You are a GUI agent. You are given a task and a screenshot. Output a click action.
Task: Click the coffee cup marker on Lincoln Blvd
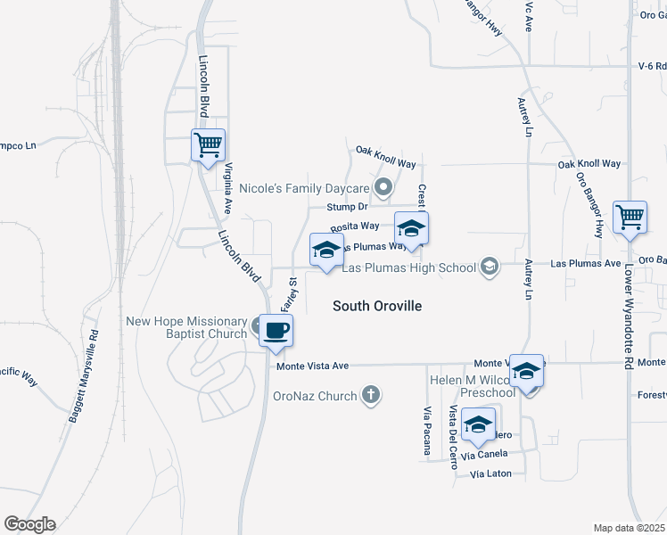[x=275, y=331]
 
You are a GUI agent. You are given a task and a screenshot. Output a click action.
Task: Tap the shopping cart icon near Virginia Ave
[x=208, y=144]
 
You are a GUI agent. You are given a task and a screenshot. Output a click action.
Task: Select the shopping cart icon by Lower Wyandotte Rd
[x=630, y=217]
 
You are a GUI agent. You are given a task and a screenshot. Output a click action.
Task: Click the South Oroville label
[x=376, y=306]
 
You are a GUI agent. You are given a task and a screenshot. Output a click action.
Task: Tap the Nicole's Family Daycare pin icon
[x=384, y=187]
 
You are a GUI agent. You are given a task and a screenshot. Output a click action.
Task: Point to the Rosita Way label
[x=355, y=227]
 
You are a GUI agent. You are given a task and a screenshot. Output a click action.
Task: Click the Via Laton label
[x=490, y=473]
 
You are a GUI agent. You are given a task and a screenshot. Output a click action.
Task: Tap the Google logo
[x=29, y=524]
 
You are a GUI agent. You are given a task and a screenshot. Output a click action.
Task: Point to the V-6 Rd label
[x=652, y=66]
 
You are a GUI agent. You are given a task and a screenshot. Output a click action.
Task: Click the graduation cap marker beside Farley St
[x=326, y=249]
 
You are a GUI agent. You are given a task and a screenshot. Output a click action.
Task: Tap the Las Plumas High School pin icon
[x=489, y=266]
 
